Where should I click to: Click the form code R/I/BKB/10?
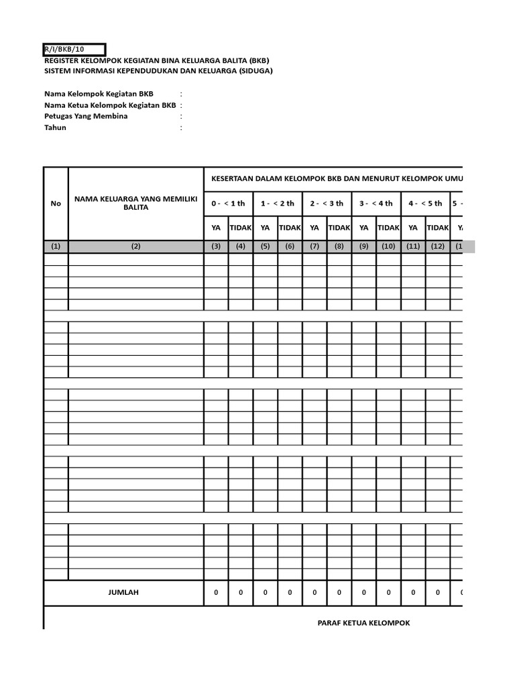[x=64, y=49]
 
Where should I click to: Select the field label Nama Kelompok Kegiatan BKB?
[x=99, y=94]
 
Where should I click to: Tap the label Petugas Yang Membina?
[x=86, y=116]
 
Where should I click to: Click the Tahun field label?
[x=55, y=127]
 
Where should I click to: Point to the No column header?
[x=56, y=203]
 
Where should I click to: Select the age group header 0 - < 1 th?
[x=228, y=203]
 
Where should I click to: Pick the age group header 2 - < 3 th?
[x=327, y=203]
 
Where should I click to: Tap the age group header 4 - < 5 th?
[x=425, y=203]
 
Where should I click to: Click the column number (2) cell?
[x=135, y=247]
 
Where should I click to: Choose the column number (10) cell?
[x=388, y=247]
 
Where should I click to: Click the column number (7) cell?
[x=314, y=247]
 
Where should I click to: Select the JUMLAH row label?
[x=123, y=592]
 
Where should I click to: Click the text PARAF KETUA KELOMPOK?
[x=363, y=623]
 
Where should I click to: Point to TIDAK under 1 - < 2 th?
[x=290, y=228]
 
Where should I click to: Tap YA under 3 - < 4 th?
[x=364, y=228]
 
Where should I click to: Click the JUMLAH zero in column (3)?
[x=216, y=592]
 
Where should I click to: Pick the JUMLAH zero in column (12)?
[x=437, y=592]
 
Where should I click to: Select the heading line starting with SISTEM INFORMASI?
[x=158, y=70]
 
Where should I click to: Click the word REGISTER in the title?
[x=62, y=60]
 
